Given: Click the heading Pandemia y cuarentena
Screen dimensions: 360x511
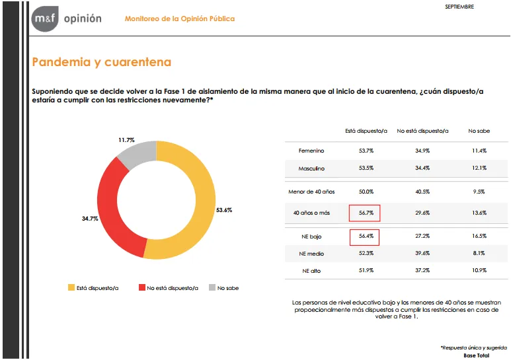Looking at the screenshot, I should click(x=101, y=62).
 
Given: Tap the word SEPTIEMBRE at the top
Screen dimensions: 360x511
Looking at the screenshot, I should click(x=459, y=7).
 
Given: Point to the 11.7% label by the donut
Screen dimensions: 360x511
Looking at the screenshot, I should click(x=126, y=140).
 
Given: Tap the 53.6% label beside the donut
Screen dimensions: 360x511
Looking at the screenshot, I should click(x=225, y=209).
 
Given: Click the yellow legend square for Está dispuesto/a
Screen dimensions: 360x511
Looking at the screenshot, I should click(x=71, y=287).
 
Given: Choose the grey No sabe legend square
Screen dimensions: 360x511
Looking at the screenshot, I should click(x=212, y=287).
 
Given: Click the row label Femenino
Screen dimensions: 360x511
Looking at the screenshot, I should click(x=311, y=151).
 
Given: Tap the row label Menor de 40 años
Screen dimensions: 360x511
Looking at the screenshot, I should click(x=311, y=191).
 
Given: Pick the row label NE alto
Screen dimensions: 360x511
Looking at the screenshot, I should click(x=311, y=271).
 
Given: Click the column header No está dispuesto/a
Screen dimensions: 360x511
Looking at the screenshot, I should click(x=422, y=131).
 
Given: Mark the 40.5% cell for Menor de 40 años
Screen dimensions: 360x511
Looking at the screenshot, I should click(x=422, y=191).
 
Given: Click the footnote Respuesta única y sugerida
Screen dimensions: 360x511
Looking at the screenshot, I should click(x=475, y=347).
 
